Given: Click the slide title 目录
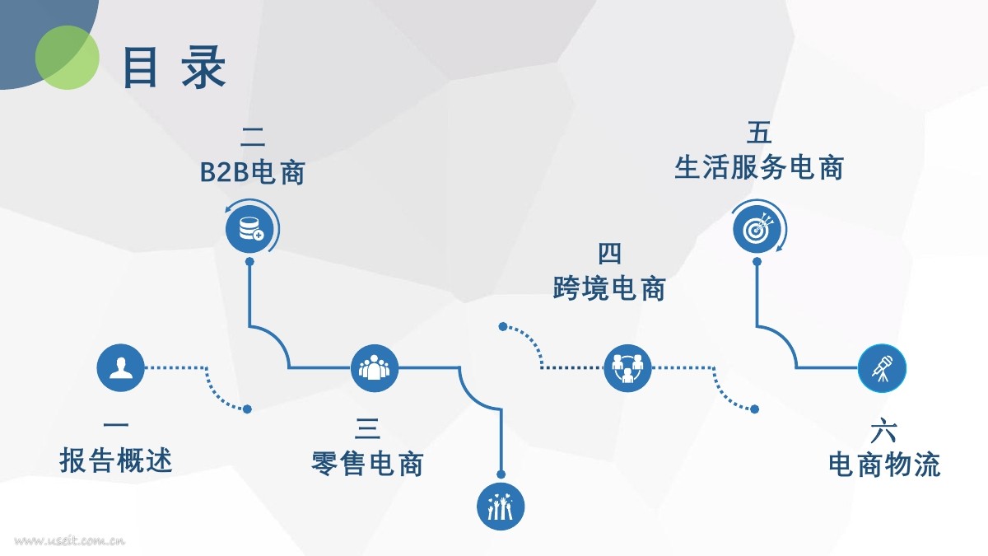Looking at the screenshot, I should [x=174, y=67].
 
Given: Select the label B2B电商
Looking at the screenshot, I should [x=253, y=173].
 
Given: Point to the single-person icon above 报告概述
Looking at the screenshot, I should [x=120, y=367].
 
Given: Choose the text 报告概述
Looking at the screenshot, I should [x=116, y=460].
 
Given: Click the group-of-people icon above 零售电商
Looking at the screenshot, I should [x=374, y=367].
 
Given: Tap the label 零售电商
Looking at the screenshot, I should [x=367, y=463].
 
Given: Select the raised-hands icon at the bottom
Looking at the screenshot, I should [x=501, y=506].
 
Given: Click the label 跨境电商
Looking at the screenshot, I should [x=609, y=289].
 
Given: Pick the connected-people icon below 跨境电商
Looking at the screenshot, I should [x=627, y=367].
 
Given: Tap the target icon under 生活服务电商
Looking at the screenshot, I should [x=757, y=228].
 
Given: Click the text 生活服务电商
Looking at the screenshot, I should [x=759, y=168].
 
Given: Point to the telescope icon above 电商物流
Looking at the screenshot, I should [x=882, y=367].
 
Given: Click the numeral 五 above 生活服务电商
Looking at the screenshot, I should [x=759, y=132].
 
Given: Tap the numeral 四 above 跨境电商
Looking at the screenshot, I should [x=609, y=254].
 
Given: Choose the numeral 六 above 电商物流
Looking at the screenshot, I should [x=883, y=431].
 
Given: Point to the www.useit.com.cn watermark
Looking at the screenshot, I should [x=70, y=541].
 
